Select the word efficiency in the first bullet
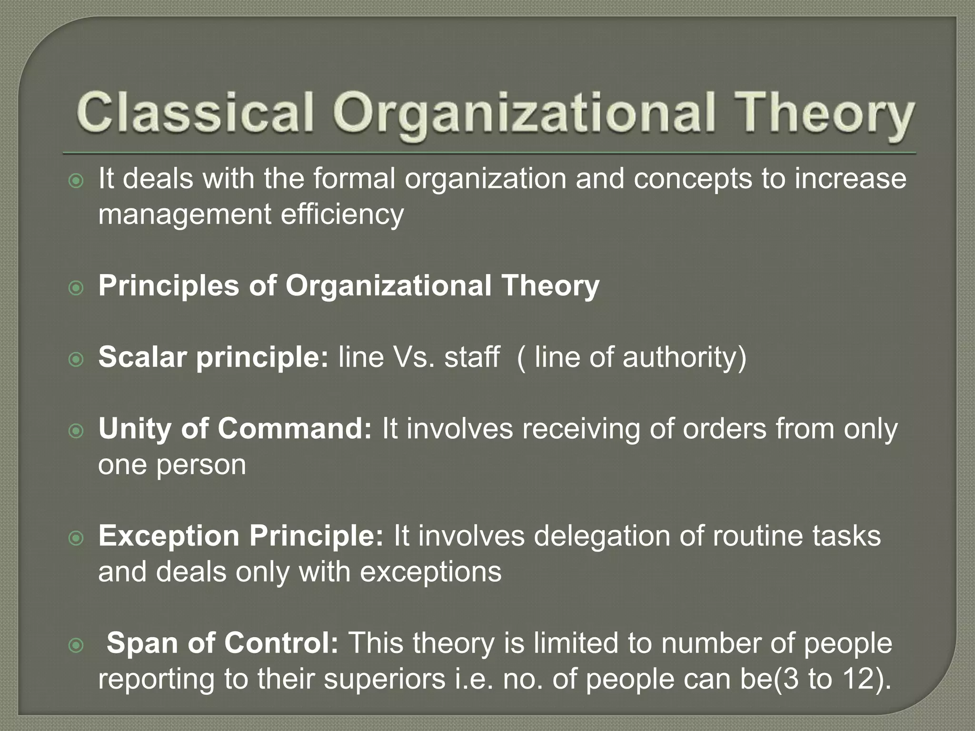pos(341,215)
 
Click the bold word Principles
pos(168,286)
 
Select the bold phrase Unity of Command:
pos(235,429)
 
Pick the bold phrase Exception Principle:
pos(240,536)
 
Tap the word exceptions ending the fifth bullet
pos(430,572)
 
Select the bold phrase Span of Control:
pos(222,643)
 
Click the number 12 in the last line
pos(856,679)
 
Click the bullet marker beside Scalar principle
pos(76,359)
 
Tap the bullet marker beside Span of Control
pos(76,645)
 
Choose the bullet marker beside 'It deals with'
pos(76,181)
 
